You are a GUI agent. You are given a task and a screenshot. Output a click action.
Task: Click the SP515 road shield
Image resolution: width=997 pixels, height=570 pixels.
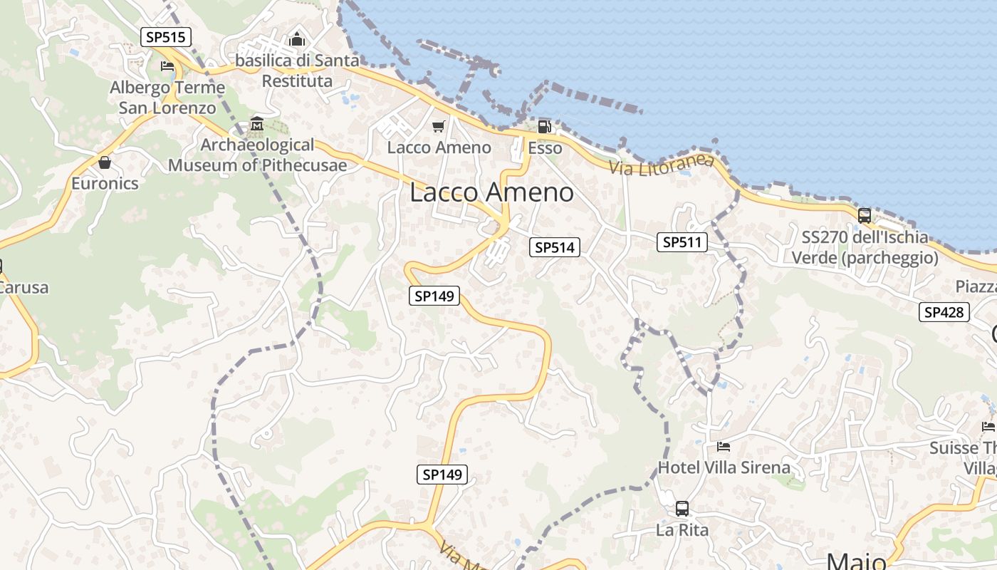167,38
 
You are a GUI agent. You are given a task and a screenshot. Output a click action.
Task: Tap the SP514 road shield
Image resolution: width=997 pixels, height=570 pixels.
555,247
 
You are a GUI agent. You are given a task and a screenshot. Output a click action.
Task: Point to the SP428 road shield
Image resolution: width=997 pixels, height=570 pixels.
944,311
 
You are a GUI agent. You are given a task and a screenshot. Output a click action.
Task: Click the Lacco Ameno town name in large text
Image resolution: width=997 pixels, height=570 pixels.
491,192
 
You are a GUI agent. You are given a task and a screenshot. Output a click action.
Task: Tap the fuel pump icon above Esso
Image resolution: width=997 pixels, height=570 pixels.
544,127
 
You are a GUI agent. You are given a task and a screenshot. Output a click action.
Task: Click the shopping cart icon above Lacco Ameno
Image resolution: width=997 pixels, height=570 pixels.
439,127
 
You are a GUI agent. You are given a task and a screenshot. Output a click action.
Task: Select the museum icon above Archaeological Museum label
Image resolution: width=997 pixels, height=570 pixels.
256,125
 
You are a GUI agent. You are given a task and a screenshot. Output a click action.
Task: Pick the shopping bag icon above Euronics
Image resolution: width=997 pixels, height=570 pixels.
105,163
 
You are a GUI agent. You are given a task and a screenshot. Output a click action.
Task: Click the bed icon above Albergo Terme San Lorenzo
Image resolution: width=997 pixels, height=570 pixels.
167,67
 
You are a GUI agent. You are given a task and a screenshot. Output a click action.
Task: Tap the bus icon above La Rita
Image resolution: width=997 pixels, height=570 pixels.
682,509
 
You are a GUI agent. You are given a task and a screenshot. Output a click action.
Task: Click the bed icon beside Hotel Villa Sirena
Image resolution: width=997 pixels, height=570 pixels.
724,447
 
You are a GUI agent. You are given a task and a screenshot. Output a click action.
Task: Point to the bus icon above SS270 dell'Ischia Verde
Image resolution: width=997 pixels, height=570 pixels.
865,215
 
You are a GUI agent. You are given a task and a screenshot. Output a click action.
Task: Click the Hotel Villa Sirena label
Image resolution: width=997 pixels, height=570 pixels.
724,467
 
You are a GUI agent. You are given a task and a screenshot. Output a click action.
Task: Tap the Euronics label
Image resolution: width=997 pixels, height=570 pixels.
105,183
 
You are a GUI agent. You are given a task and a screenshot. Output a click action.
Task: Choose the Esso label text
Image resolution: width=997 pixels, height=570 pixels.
545,148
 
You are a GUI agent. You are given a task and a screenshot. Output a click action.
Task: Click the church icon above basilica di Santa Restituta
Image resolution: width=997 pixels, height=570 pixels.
297,39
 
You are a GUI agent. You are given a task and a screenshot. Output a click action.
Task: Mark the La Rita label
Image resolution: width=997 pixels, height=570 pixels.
682,530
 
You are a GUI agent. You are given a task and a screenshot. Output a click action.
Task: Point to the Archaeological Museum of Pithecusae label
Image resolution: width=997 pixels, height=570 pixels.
257,155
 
